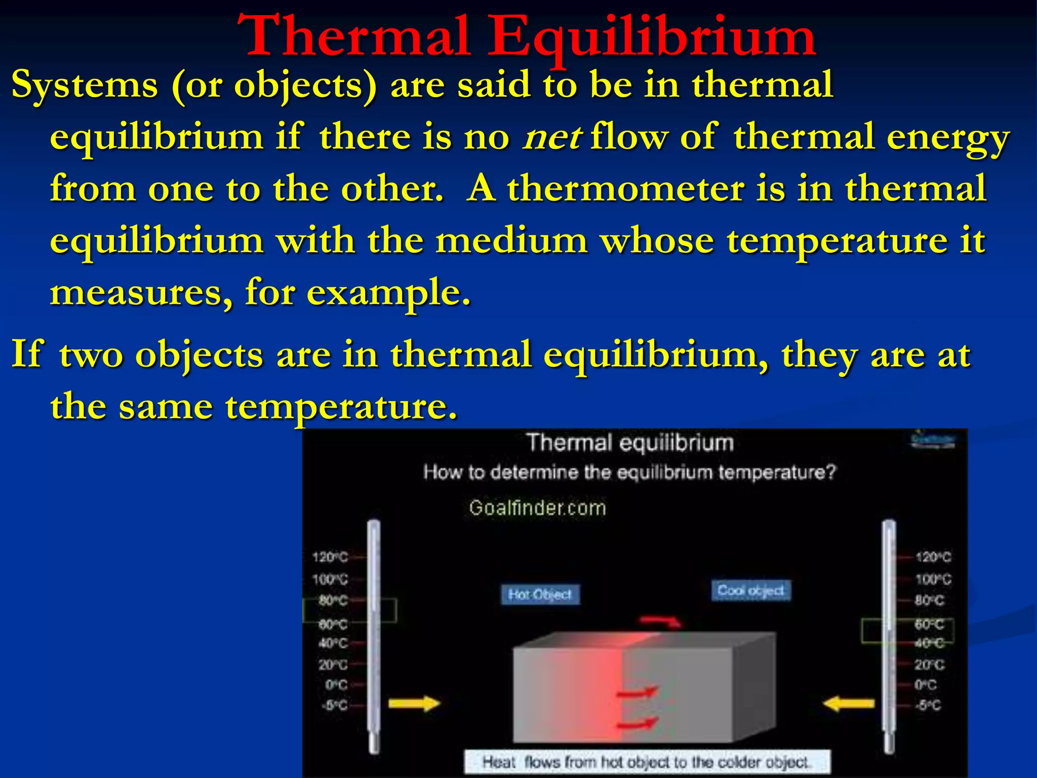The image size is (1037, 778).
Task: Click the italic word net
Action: coord(552,137)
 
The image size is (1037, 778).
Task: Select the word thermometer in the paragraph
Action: coord(626,189)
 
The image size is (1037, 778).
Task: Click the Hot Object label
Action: coord(540,595)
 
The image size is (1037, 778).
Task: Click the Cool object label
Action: coord(750,591)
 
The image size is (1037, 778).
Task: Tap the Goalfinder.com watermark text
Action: coord(537,508)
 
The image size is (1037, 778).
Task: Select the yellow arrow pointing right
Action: coord(414,704)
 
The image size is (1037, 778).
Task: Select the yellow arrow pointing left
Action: coord(849,704)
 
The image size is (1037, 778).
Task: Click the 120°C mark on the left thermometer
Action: coord(331,558)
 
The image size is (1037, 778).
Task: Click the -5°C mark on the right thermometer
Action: coord(928,705)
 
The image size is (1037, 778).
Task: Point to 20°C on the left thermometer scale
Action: coord(333,665)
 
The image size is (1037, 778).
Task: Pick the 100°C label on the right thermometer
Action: coord(933,579)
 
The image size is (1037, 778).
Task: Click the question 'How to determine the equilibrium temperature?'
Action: coord(629,473)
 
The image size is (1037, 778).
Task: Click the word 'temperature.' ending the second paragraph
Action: coord(341,407)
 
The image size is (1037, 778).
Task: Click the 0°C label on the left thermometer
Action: coord(336,685)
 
